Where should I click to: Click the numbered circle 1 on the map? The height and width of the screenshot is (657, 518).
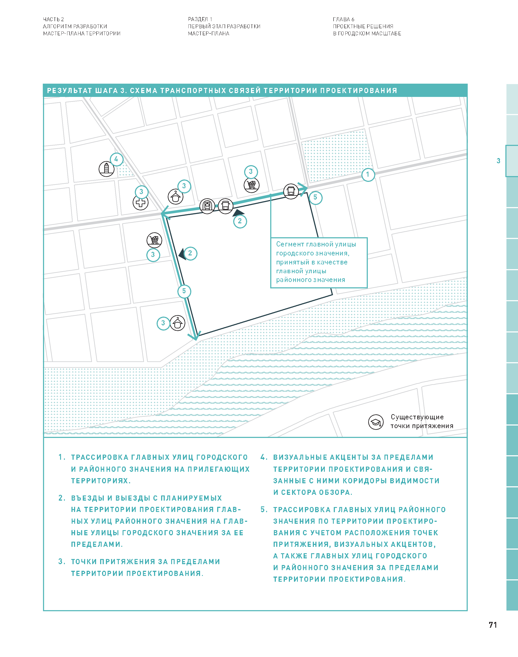pyautogui.click(x=368, y=175)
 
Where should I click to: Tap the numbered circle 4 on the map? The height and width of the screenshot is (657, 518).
pyautogui.click(x=116, y=159)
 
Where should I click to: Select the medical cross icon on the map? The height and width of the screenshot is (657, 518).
pyautogui.click(x=140, y=203)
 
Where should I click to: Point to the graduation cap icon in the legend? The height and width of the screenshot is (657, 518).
pyautogui.click(x=376, y=422)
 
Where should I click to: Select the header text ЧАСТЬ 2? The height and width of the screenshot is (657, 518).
pyautogui.click(x=53, y=19)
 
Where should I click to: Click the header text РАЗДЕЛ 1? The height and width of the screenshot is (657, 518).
pyautogui.click(x=200, y=19)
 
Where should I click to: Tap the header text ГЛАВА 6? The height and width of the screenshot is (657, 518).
pyautogui.click(x=343, y=19)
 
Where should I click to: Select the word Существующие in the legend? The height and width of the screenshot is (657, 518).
pyautogui.click(x=417, y=417)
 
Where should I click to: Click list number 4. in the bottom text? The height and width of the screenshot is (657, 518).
pyautogui.click(x=264, y=457)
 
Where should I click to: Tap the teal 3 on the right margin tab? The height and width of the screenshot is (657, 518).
pyautogui.click(x=498, y=161)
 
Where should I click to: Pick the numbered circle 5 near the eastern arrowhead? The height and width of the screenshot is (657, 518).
pyautogui.click(x=315, y=197)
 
